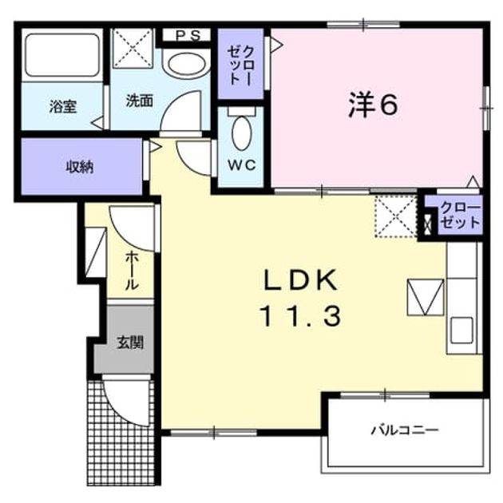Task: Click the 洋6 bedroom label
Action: coord(373,104)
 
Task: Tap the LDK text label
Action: coord(300,280)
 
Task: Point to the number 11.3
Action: coord(300,316)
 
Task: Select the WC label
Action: coord(242,165)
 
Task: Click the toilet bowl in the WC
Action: coord(241,133)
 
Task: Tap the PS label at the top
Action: coord(188,35)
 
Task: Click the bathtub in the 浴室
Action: coord(62,55)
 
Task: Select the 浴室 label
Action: coord(63,106)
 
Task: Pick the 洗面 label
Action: coord(139,101)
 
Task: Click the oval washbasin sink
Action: coord(187,63)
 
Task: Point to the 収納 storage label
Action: coord(80,167)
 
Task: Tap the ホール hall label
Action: coord(132,271)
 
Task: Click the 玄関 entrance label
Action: coord(130,343)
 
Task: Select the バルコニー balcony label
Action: coord(405,430)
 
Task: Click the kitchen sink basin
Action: coord(461,331)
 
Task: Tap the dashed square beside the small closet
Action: coord(396,216)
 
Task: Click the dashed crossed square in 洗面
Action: coord(133,49)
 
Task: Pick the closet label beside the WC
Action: coord(241,65)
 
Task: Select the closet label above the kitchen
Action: coord(460,216)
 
